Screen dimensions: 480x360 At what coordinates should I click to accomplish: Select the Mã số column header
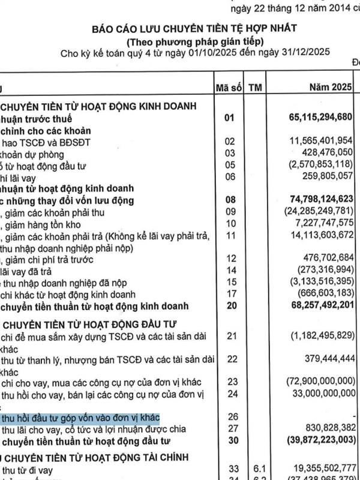[227, 88]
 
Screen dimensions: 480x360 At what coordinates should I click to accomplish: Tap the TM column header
[256, 88]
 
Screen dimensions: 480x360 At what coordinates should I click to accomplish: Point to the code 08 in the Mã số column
[227, 199]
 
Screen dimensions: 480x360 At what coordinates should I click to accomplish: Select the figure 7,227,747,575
[318, 223]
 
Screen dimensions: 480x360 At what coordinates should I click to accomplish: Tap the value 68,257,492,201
[313, 307]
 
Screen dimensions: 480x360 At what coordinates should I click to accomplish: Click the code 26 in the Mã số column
[227, 417]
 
